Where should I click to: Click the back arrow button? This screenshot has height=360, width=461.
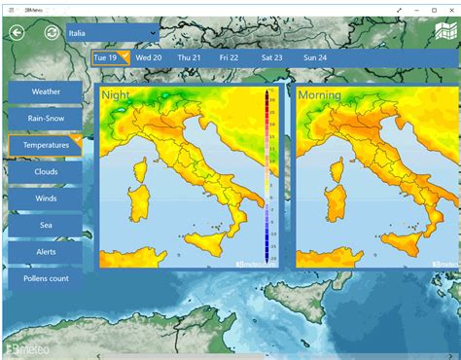pos(17,32)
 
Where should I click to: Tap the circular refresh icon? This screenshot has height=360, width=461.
pos(52,32)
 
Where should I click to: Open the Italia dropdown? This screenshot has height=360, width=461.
pos(112,33)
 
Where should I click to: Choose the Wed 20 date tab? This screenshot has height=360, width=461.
pos(149,57)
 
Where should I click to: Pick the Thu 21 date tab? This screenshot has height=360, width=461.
pos(189,57)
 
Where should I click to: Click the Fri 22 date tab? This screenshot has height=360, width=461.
pos(230,57)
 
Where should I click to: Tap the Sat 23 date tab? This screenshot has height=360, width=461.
pos(272,57)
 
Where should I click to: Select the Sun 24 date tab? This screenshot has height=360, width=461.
pos(315,57)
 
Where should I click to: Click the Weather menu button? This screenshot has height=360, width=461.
pos(46,91)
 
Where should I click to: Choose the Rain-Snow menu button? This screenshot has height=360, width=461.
pos(46,118)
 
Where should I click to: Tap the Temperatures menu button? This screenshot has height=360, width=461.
pos(46,145)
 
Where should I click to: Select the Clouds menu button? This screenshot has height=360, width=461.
pos(46,171)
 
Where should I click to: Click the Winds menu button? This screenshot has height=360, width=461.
pos(46,198)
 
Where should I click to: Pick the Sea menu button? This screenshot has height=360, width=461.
pos(46,225)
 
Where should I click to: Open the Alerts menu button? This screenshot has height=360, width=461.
pos(46,251)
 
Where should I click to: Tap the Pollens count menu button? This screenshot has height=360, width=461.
pos(46,278)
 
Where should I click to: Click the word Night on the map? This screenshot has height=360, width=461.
pos(117,95)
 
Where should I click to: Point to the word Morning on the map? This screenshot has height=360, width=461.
pos(320,95)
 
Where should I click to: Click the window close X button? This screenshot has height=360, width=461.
pos(450,9)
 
